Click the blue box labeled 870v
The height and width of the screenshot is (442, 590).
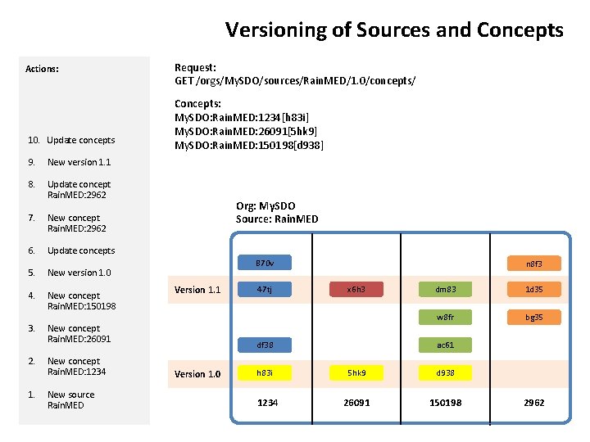point(265,264)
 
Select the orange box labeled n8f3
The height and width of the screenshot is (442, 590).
point(534,264)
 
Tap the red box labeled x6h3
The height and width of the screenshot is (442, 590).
point(356,289)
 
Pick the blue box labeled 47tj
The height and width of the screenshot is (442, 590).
point(265,289)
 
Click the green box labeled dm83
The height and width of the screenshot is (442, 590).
point(445,289)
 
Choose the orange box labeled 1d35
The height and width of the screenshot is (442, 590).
point(534,289)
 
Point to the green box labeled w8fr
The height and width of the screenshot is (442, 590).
point(445,317)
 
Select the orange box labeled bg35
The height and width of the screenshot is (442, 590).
point(534,317)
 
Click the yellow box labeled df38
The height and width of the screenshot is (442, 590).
point(265,345)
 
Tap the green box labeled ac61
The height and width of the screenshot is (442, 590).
point(445,345)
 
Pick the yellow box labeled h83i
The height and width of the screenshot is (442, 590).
point(265,373)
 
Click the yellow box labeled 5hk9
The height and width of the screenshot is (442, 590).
point(356,373)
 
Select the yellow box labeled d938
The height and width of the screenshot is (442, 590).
point(445,373)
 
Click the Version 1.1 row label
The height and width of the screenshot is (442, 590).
point(197,290)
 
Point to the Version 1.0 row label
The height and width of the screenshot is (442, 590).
point(197,374)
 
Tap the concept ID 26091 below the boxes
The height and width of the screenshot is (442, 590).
point(356,403)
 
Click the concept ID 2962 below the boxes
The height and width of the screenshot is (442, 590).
point(533,403)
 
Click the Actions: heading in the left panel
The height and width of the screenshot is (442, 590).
point(42,69)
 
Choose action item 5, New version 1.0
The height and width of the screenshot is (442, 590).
point(79,273)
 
